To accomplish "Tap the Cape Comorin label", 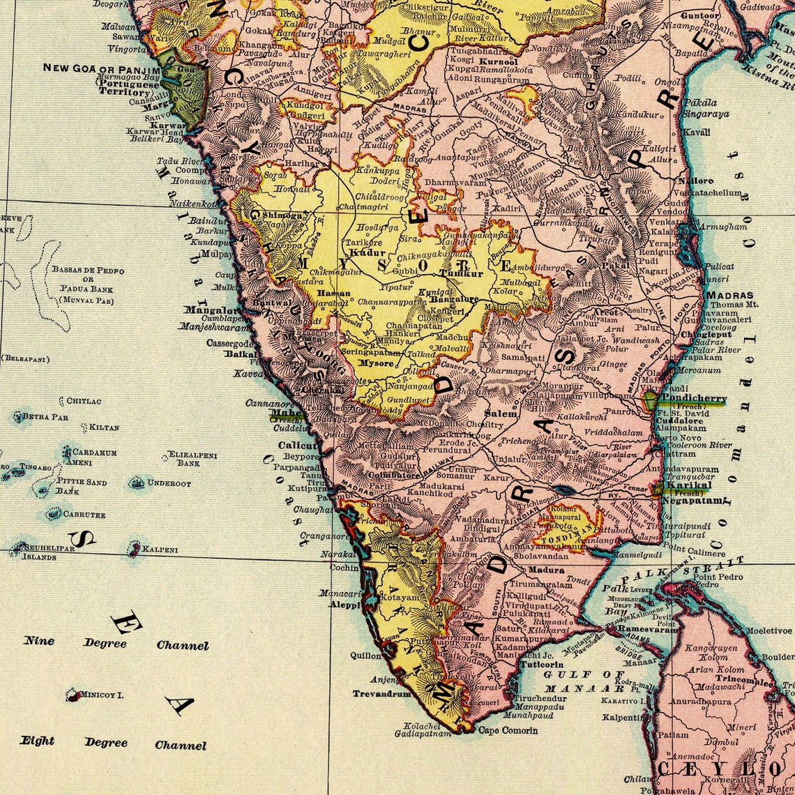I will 508,730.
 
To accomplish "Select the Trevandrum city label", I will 381,694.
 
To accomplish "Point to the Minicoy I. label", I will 102,695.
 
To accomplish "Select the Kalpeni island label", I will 160,550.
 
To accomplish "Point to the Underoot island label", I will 169,483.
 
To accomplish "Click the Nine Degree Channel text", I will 116,643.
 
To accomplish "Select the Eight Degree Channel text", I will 113,743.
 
